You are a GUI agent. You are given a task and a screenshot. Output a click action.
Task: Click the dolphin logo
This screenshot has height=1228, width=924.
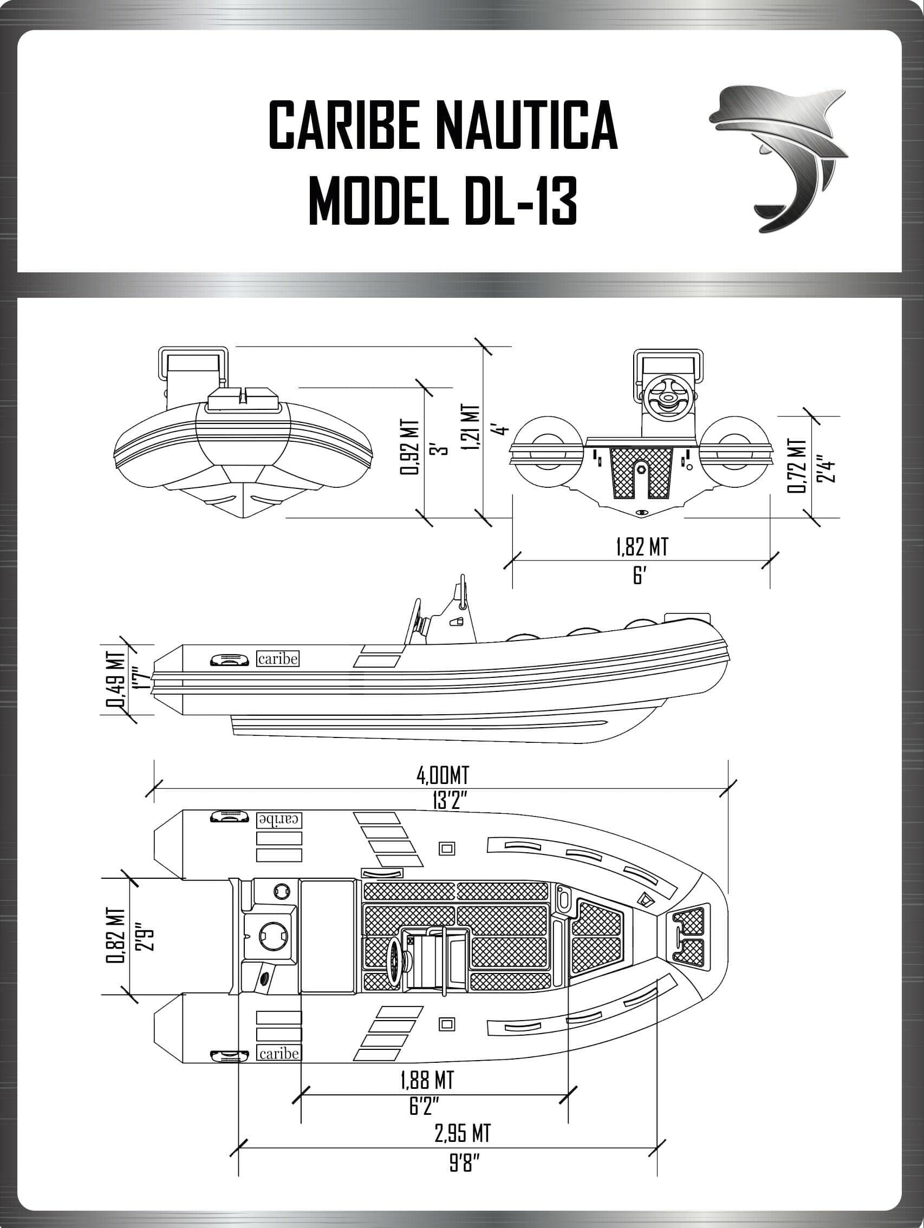tap(777, 158)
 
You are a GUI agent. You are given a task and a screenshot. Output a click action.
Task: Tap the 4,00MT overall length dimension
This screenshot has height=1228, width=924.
tap(443, 775)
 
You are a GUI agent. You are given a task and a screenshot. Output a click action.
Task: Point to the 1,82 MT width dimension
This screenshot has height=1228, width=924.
tap(641, 547)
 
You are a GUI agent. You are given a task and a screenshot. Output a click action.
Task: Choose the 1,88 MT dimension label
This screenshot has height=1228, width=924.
tap(426, 1080)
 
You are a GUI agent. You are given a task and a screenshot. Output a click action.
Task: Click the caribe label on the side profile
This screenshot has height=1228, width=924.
tap(278, 659)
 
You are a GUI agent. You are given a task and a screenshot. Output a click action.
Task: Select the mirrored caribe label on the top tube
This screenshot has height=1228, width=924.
tap(279, 819)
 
